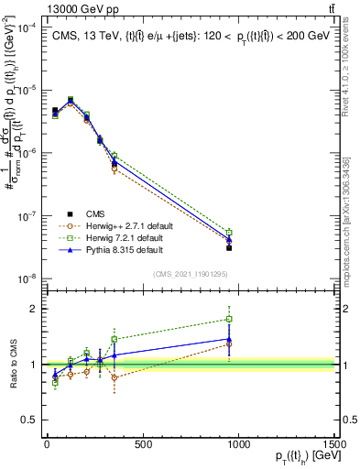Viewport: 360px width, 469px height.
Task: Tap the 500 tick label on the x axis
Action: [x=143, y=445]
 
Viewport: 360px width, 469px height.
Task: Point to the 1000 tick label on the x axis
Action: [x=239, y=445]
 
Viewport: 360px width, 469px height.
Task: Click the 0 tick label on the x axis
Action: [x=47, y=445]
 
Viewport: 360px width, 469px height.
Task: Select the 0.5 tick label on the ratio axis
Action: [x=27, y=420]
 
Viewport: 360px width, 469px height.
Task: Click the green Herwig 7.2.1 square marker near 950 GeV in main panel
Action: [x=229, y=233]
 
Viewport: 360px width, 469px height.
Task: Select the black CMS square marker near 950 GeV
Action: [x=229, y=248]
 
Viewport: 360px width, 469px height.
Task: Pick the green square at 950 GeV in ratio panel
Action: [x=229, y=320]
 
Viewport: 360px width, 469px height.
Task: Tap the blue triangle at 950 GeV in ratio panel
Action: [x=229, y=339]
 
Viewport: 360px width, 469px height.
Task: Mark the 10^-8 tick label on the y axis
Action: [x=27, y=278]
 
